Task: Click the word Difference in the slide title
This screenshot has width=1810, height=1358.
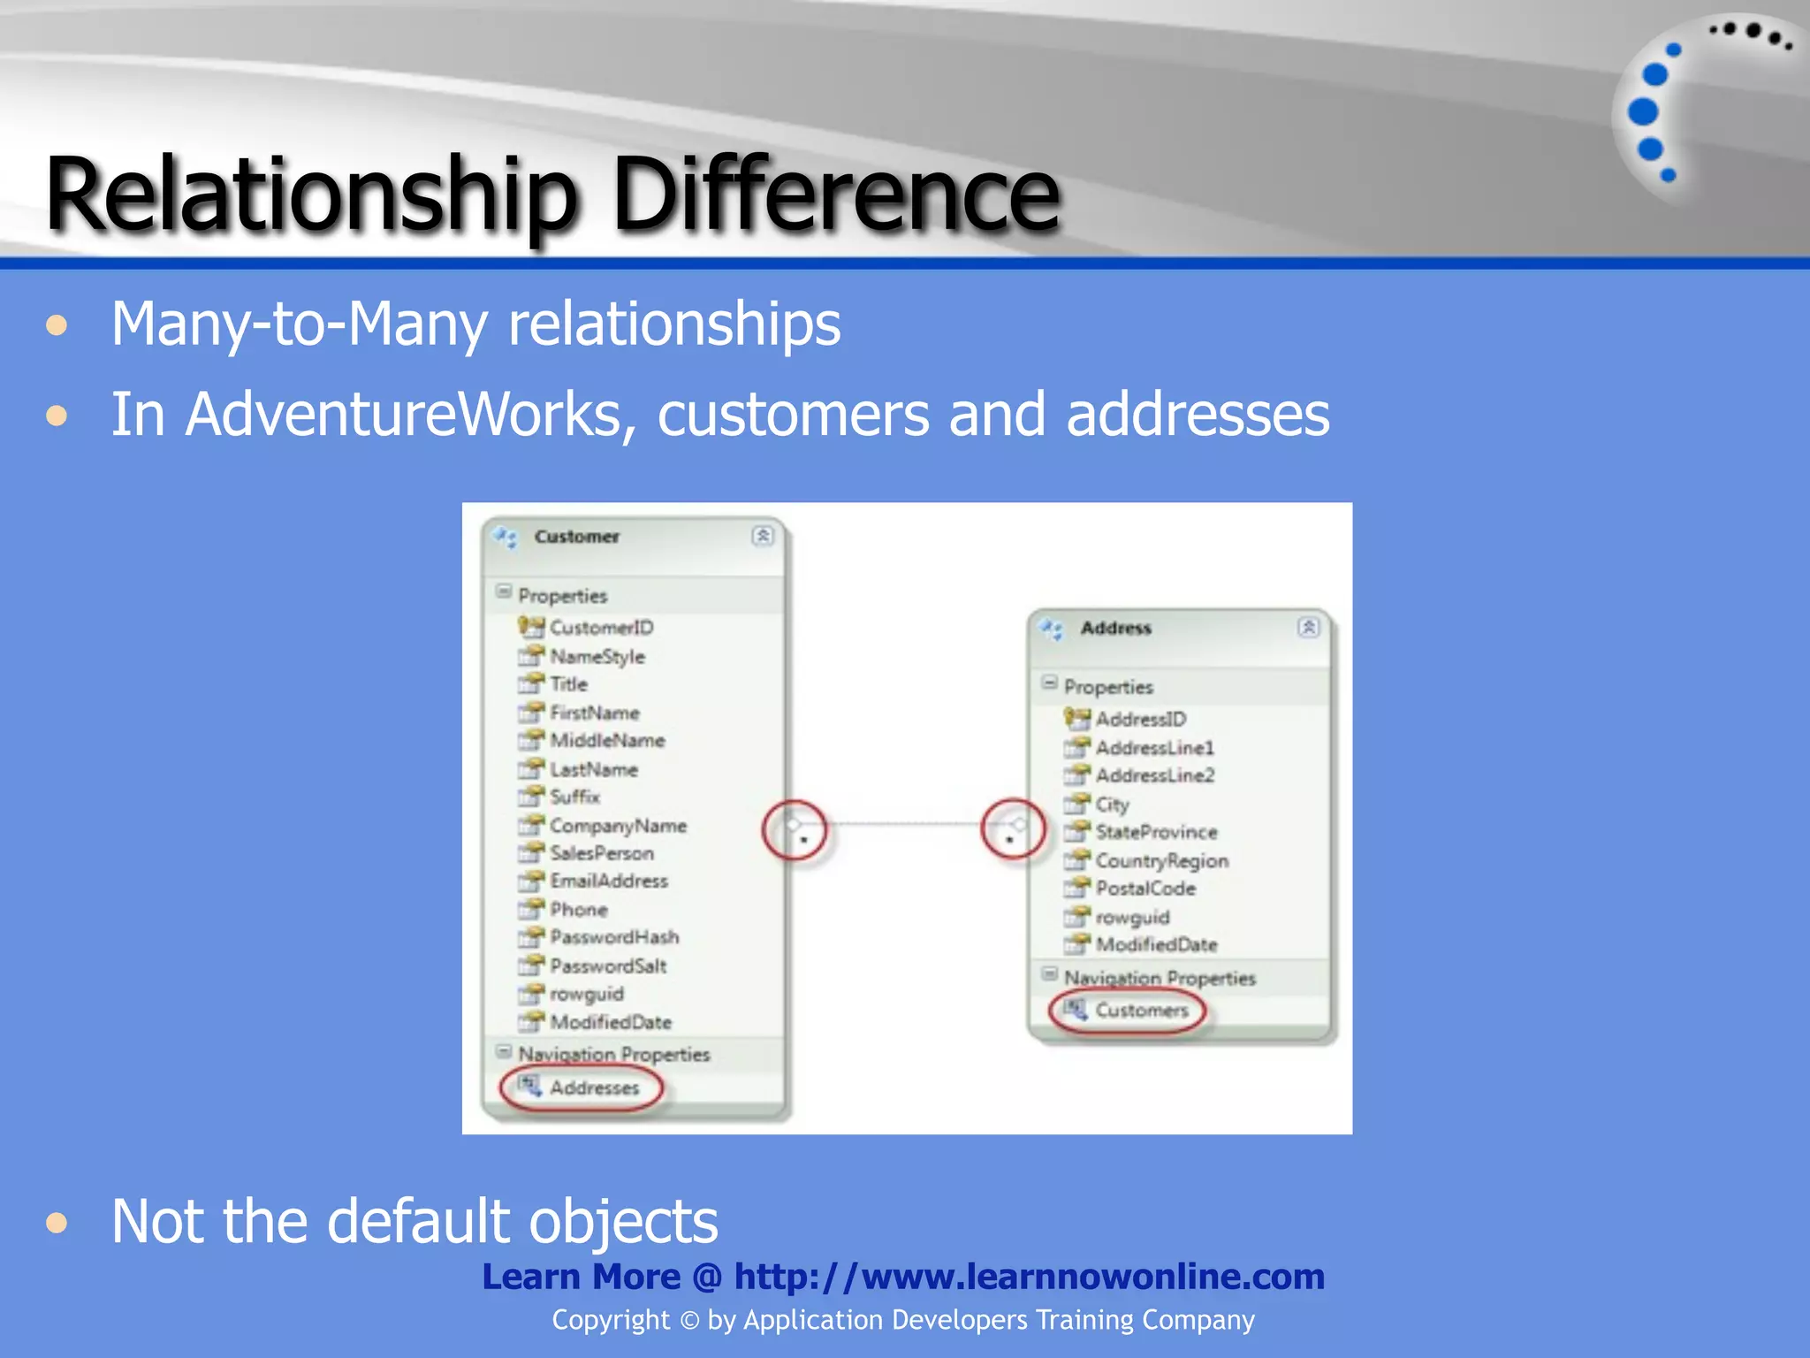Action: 835,195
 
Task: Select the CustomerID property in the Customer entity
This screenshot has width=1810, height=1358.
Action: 601,628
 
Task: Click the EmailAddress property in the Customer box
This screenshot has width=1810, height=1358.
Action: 609,881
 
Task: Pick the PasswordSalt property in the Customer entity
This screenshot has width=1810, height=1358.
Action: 608,966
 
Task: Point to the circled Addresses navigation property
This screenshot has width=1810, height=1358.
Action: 594,1087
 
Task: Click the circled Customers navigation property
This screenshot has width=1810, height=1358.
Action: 1141,1011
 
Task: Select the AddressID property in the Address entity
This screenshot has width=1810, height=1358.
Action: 1140,720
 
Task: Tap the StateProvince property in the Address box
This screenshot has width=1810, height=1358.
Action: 1156,833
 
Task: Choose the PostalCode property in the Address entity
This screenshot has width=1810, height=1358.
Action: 1145,889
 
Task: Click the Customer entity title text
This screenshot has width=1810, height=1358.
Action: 577,537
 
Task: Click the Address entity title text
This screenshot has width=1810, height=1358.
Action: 1116,629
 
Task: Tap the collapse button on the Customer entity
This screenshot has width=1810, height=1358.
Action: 763,536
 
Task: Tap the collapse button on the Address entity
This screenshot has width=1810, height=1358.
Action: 1309,628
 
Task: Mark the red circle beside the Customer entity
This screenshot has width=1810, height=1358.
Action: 795,831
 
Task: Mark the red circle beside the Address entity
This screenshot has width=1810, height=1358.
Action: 1013,831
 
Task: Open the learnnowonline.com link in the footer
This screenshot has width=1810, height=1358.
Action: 1029,1277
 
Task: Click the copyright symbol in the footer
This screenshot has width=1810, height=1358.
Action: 690,1321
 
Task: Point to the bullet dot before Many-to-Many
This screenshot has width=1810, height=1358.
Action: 57,325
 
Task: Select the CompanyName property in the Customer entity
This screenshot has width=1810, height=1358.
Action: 618,826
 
